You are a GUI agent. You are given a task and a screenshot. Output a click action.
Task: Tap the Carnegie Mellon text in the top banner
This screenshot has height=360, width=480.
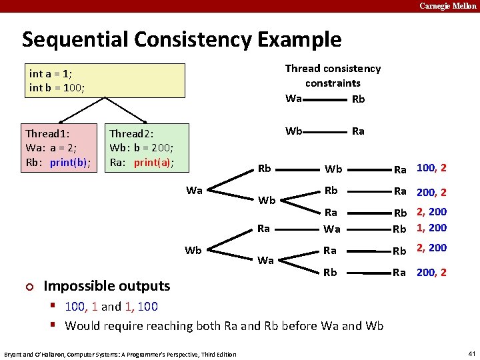[x=448, y=6]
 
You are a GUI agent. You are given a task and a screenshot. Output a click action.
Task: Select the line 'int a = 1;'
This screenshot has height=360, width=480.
[x=52, y=73]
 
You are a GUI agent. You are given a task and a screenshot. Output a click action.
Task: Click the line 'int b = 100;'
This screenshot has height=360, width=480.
[x=57, y=87]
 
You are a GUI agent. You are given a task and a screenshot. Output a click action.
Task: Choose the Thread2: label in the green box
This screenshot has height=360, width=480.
[x=132, y=134]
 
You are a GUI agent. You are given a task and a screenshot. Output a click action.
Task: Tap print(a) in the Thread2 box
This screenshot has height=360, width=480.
[x=154, y=163]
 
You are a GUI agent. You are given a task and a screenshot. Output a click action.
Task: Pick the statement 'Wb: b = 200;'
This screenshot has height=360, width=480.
[x=141, y=148]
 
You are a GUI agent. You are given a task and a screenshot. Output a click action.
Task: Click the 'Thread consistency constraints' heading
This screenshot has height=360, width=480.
[x=333, y=75]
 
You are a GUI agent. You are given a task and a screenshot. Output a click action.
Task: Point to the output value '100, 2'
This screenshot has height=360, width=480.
[x=431, y=168]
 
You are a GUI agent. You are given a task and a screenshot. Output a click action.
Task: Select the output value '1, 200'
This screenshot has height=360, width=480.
[x=431, y=228]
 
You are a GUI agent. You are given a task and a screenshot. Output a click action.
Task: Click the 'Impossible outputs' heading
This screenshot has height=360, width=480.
[x=107, y=286]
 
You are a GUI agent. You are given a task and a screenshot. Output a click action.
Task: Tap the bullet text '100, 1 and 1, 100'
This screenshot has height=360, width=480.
[x=111, y=307]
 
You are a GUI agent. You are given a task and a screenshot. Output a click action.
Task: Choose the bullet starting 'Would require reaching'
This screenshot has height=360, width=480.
[x=224, y=326]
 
